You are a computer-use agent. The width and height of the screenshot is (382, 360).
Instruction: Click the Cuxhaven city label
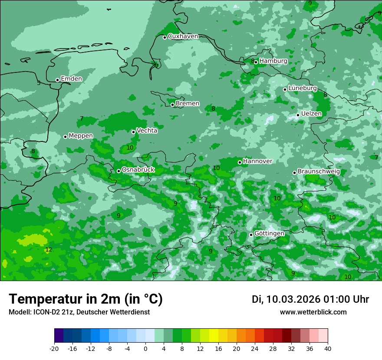coord(183,36)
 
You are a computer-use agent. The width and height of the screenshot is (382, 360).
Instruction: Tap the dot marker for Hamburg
coord(256,62)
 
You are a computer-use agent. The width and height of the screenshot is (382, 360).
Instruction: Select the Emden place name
coord(71,79)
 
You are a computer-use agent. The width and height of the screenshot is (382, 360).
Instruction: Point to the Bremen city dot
coord(172,105)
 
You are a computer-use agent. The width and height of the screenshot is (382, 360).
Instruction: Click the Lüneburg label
coord(303,88)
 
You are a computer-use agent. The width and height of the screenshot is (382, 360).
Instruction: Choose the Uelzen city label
coord(311,114)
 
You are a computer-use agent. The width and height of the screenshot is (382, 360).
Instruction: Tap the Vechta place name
coord(147,131)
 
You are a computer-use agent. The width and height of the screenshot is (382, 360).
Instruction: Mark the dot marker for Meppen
coord(66,137)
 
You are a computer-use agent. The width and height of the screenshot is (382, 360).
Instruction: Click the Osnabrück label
coord(138,170)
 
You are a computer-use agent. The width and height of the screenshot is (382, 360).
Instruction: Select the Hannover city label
coord(257,161)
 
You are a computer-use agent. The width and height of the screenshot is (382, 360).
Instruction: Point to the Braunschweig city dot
coord(294,173)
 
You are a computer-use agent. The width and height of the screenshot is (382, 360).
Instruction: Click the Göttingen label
coord(269,233)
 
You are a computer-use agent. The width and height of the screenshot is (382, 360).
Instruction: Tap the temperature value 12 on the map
coord(49,250)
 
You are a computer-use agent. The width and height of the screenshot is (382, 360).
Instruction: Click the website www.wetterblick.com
coord(313,312)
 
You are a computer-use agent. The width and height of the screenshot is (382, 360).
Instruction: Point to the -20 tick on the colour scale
coord(54,348)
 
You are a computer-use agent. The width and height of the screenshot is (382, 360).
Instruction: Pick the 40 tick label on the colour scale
coord(328,348)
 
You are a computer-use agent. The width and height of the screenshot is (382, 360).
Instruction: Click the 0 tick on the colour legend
coord(145,348)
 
